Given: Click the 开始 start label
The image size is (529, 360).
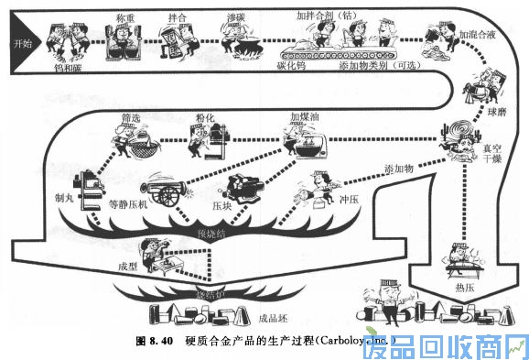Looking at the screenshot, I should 21,43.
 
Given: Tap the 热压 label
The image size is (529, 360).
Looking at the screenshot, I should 466,289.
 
